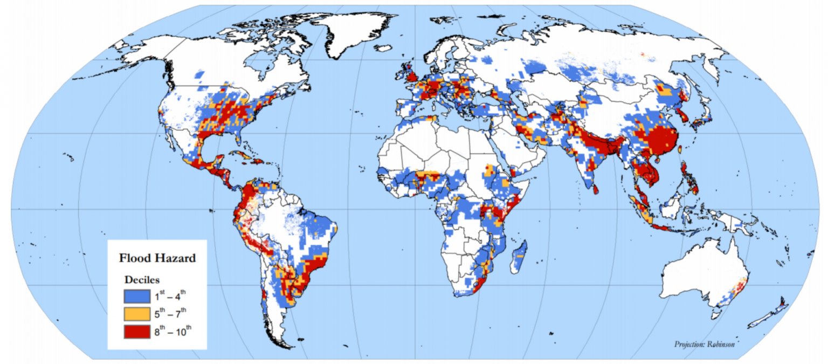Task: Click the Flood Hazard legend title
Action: (x=157, y=258)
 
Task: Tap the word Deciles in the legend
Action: (x=141, y=280)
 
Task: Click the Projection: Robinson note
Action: (x=704, y=344)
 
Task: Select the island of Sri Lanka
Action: (x=596, y=188)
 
